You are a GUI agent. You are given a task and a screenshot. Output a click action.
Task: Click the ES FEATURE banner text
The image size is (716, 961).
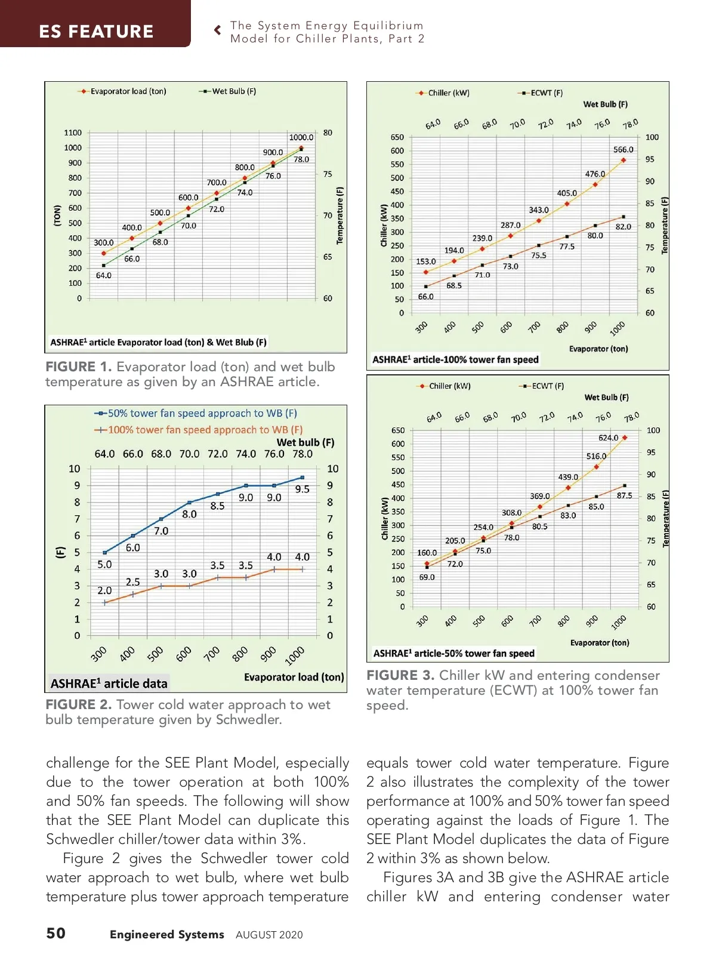coord(96,31)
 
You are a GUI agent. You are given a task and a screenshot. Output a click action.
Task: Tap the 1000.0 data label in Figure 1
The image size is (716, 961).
coord(301,137)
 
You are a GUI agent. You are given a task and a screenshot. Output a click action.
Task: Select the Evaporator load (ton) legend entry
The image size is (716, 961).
coord(128,91)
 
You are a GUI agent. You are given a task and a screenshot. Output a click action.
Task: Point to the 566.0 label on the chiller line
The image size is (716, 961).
coord(624,150)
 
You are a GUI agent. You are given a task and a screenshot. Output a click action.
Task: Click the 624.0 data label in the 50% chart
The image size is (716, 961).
coord(609,438)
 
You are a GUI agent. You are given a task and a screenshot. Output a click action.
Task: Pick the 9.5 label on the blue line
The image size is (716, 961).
coord(303,489)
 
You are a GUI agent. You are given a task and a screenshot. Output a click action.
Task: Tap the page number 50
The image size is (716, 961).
coord(56,934)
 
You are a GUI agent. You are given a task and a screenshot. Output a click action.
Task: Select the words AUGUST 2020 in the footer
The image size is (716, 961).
coord(269,935)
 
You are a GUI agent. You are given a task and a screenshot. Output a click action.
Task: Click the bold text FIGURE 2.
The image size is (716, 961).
coord(79,705)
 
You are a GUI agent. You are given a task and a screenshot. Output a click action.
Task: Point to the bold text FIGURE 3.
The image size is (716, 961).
coord(400,676)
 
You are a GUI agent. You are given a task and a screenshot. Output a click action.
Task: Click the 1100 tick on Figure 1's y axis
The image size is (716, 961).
coord(73,133)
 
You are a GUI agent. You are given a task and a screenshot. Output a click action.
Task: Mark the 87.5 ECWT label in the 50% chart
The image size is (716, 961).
coord(625,495)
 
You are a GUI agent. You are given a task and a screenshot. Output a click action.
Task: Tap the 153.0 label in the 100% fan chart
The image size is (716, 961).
coord(426,261)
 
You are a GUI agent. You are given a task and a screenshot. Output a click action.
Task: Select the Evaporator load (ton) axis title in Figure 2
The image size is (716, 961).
coord(294,677)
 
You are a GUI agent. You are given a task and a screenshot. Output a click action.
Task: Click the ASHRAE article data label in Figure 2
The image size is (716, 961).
coord(109,683)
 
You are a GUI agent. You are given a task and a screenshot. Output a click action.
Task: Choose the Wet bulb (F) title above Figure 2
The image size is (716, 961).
coord(305,442)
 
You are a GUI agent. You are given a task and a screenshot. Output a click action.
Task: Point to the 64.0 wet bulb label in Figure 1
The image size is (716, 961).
coord(104,276)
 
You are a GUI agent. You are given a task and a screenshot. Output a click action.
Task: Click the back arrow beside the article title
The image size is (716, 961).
coord(218,29)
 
